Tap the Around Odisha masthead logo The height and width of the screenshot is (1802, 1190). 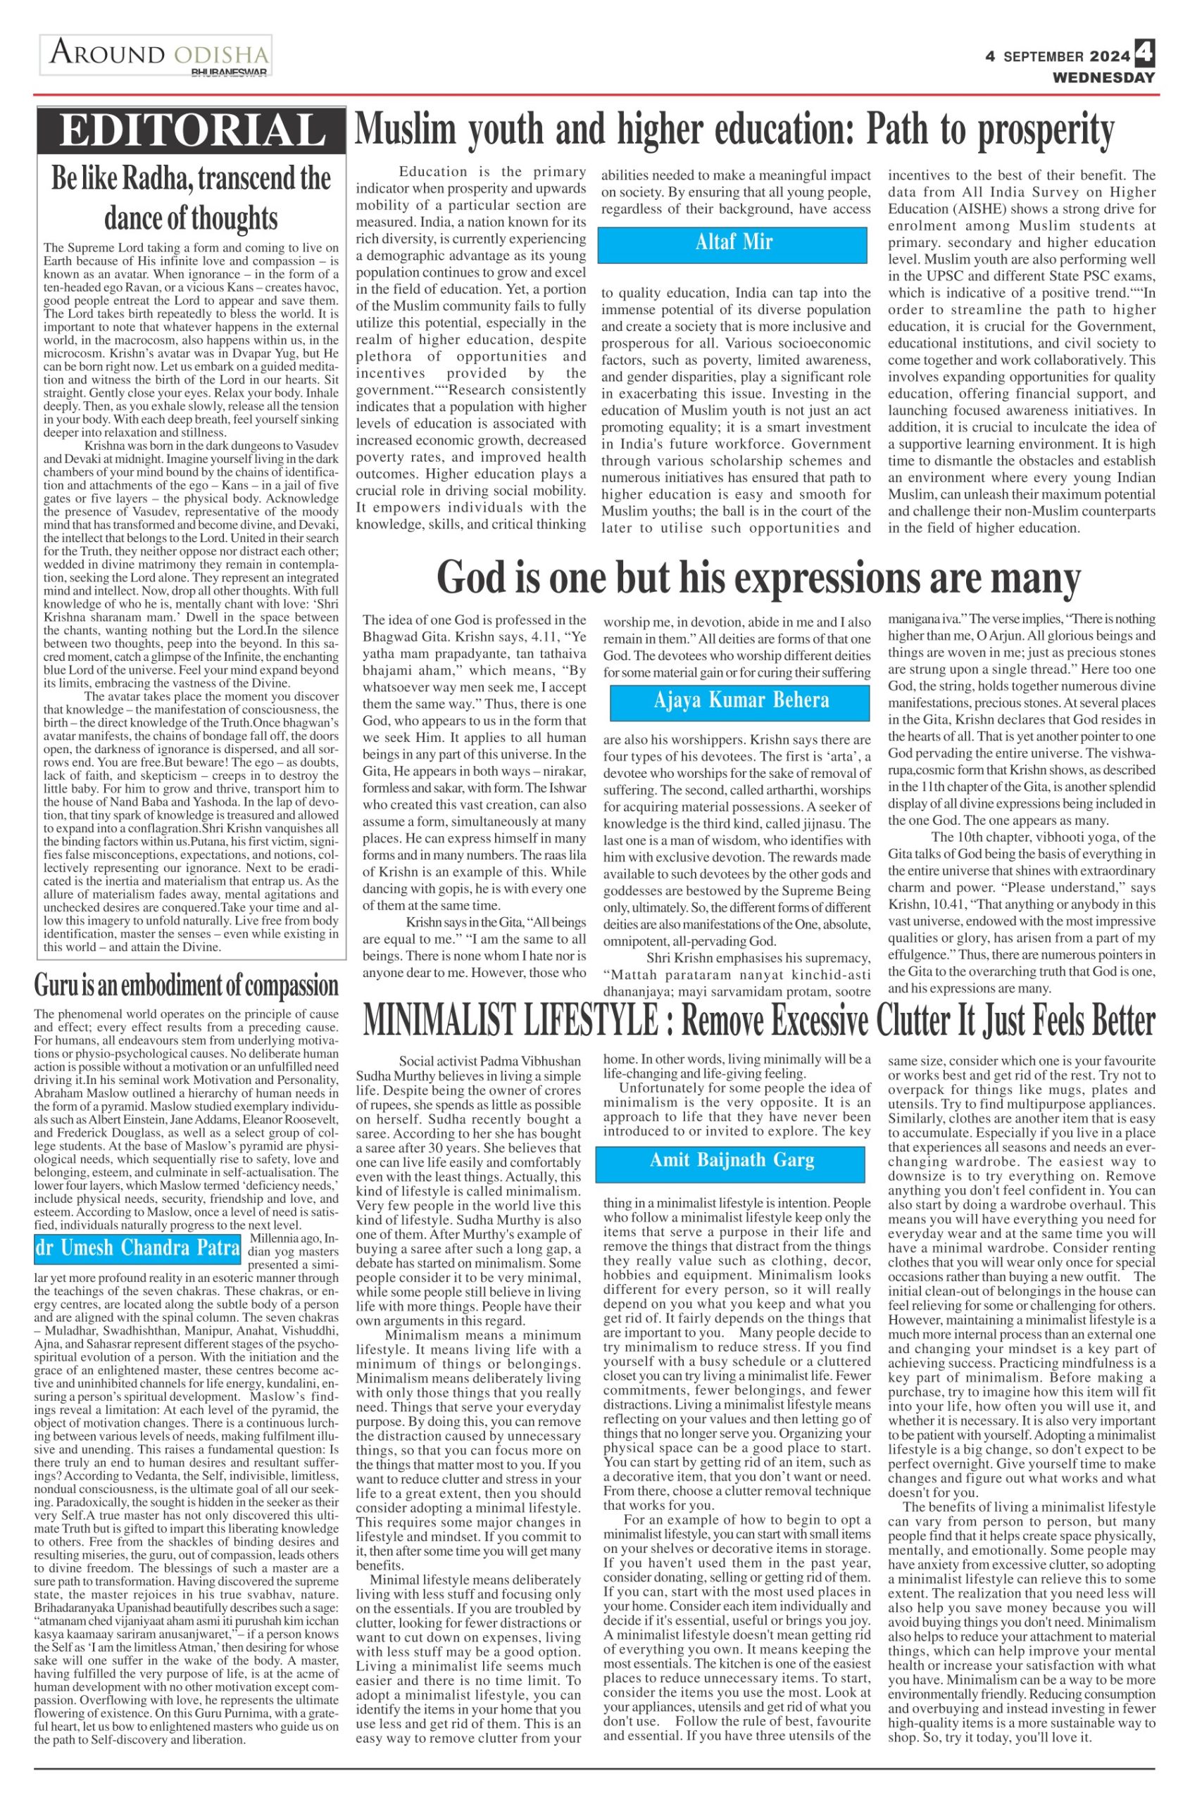coord(156,56)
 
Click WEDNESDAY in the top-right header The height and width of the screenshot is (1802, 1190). coord(1103,77)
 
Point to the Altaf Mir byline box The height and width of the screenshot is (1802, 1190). coord(732,244)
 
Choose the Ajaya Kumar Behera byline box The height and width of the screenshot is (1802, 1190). coord(740,700)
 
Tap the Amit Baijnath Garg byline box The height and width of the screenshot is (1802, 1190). coord(730,1159)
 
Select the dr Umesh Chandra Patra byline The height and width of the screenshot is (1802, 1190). coord(137,1247)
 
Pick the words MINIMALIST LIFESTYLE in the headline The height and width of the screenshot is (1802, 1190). coord(510,1021)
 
